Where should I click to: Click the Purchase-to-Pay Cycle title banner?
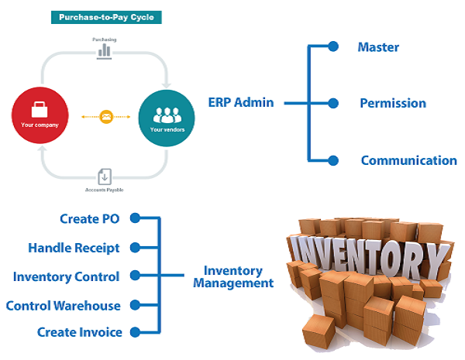coord(105,16)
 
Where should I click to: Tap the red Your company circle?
coord(40,118)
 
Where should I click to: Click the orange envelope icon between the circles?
coord(105,118)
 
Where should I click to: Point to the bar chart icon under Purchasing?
coord(105,50)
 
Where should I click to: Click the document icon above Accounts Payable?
coord(105,177)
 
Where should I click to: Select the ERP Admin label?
coord(240,102)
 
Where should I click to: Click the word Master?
coord(378,47)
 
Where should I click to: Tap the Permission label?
coord(392,103)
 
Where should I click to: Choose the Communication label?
coord(408,161)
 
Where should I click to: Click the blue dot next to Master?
coord(333,46)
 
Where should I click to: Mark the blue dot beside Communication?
coord(333,160)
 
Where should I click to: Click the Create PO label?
coord(91,219)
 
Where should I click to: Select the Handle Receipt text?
coord(74,248)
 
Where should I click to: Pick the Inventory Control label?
coord(66,276)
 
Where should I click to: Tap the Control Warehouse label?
coord(63,305)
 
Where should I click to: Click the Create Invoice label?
coord(79,332)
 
